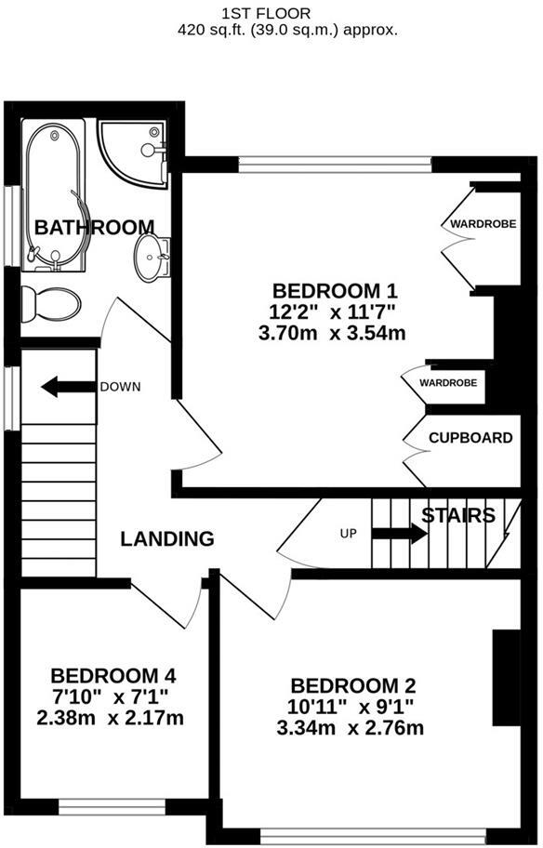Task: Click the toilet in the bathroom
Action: [51, 302]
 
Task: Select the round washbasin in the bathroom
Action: [150, 256]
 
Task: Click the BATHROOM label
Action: [94, 227]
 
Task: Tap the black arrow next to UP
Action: [399, 534]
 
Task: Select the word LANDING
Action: [167, 538]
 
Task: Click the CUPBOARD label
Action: [470, 438]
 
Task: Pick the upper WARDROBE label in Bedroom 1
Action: [479, 224]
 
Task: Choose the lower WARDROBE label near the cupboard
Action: [448, 382]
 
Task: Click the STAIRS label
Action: [457, 515]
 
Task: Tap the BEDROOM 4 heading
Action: [113, 676]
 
